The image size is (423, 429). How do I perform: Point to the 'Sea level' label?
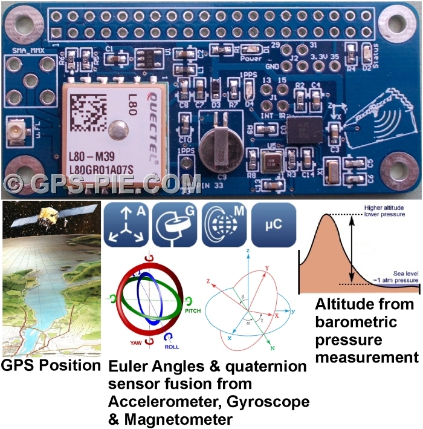pyautogui.click(x=385, y=273)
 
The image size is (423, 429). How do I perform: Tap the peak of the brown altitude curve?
pyautogui.click(x=328, y=216)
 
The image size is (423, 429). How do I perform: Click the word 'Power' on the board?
pyautogui.click(x=250, y=59)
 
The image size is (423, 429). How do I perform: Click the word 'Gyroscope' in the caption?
pyautogui.click(x=267, y=401)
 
